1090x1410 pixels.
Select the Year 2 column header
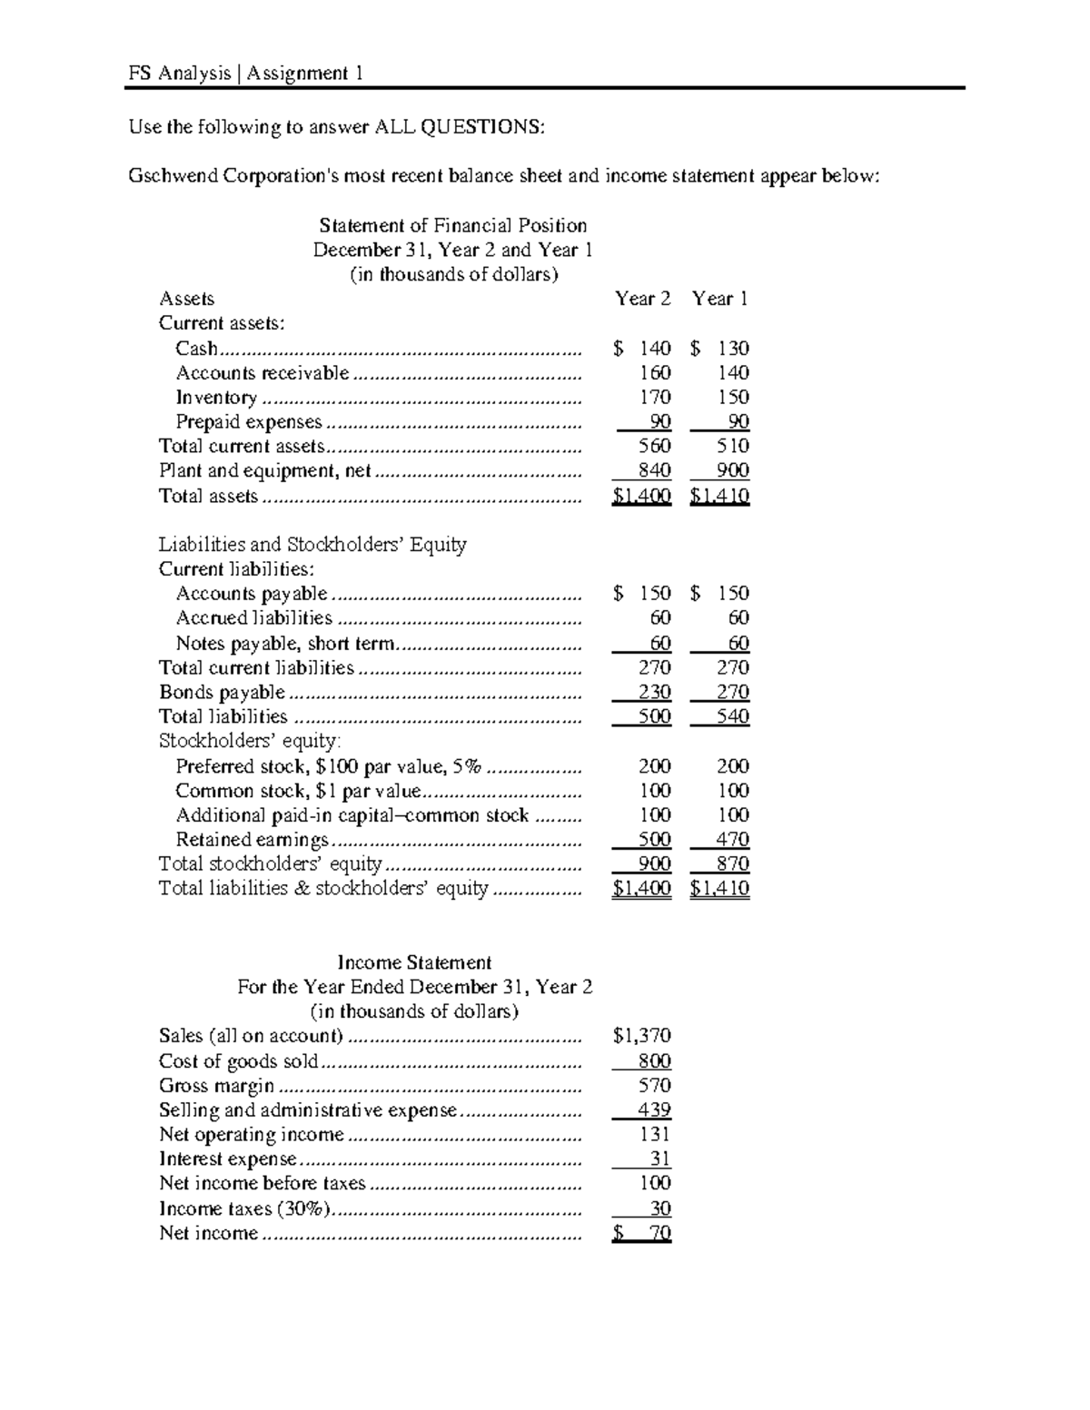tap(642, 299)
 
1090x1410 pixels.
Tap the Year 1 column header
tap(719, 299)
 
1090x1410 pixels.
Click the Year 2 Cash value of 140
tap(654, 349)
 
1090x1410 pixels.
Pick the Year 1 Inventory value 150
tap(732, 398)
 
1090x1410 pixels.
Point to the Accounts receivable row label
tap(262, 373)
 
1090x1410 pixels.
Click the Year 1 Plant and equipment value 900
tap(732, 470)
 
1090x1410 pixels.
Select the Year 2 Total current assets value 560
tap(654, 446)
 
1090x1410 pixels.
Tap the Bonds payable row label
tap(222, 692)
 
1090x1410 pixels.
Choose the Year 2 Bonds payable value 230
tap(654, 692)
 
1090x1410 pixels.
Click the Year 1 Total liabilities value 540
tap(732, 716)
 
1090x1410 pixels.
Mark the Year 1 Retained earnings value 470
tap(732, 840)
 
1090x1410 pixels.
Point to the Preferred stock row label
tap(328, 766)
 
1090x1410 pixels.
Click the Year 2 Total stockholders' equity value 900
tap(654, 864)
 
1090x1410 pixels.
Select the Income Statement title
tap(414, 962)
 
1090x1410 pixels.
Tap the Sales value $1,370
tap(642, 1036)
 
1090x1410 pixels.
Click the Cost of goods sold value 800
tap(654, 1061)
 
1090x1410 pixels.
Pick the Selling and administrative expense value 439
tap(654, 1110)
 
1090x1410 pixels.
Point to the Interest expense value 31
tap(659, 1159)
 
